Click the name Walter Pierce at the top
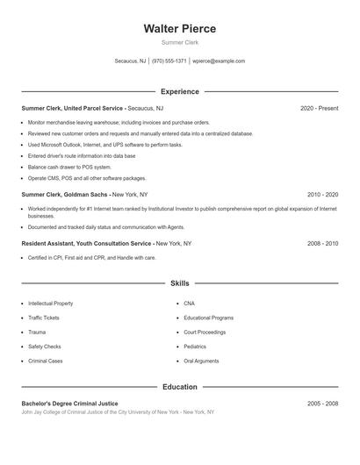pos(180,29)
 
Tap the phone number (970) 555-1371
pos(169,61)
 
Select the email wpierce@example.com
pos(219,61)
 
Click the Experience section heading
pos(180,91)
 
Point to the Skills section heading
pos(180,283)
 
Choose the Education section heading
pos(180,386)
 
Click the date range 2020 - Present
pos(319,108)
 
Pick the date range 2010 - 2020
pos(322,193)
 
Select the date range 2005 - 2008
pos(322,403)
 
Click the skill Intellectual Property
pos(51,303)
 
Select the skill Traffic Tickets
pos(44,318)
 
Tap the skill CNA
pos(189,303)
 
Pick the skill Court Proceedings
pos(204,332)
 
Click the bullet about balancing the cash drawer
pos(69,167)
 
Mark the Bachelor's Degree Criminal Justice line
pos(69,403)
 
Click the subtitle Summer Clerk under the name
pos(180,42)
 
